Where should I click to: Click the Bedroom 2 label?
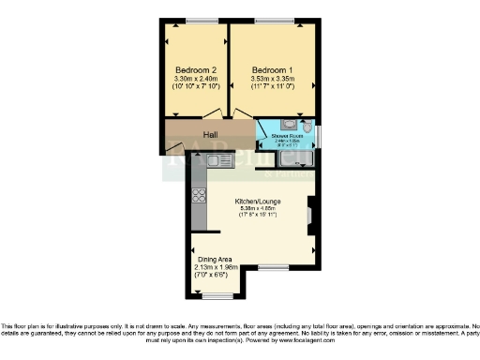pos(195,70)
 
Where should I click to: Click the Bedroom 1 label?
pos(272,70)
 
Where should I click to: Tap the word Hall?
pos(211,134)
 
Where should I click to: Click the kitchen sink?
pos(218,161)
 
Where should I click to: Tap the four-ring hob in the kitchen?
pos(199,196)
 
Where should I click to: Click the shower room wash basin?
pos(287,125)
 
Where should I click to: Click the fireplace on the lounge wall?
pos(310,216)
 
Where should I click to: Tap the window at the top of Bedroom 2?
pos(196,21)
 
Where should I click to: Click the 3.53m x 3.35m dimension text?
pos(272,80)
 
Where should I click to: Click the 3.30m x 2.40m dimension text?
pos(195,80)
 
